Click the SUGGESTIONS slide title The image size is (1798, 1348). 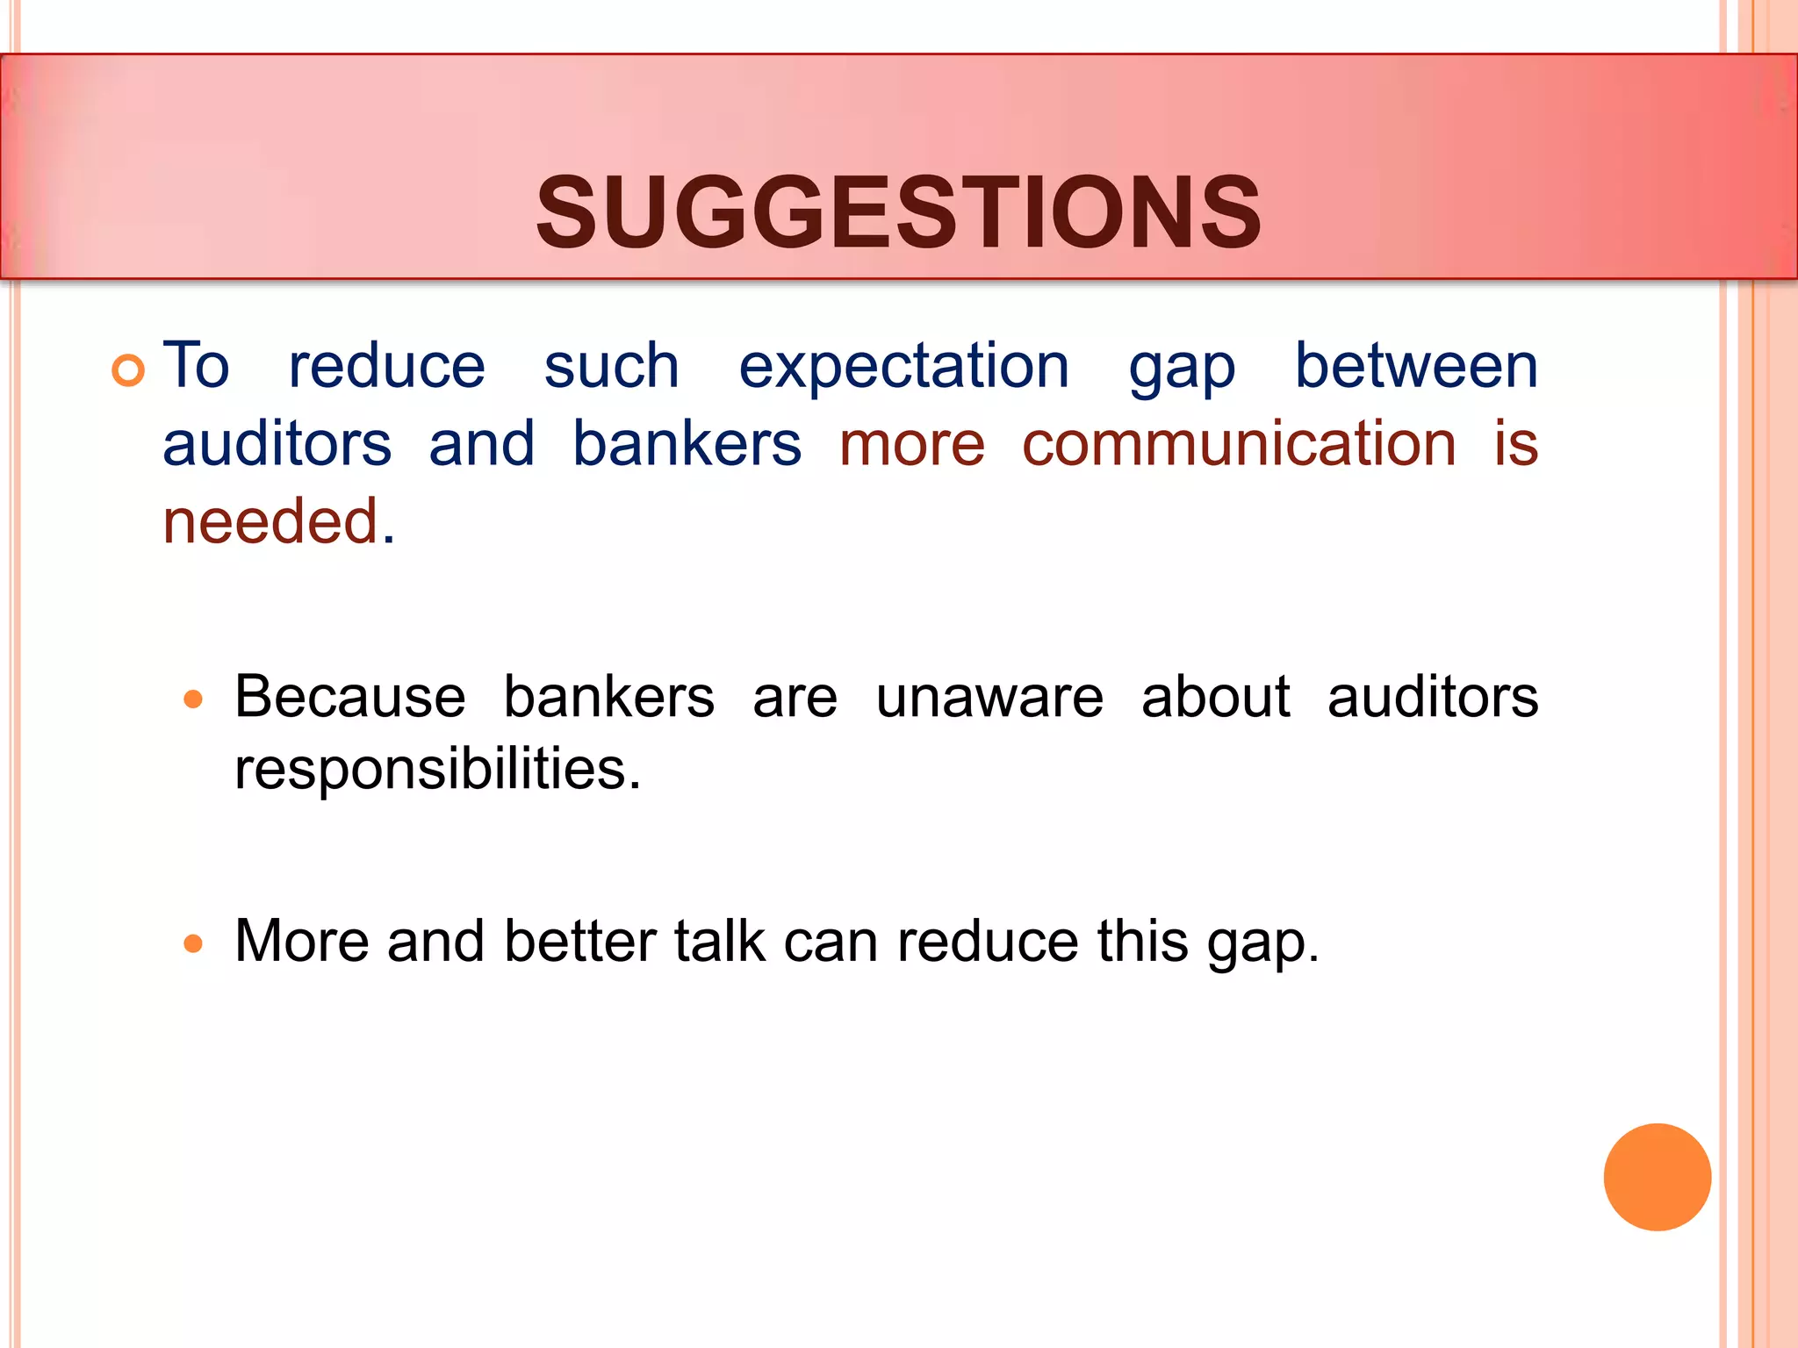(898, 212)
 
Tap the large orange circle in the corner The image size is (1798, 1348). (1657, 1177)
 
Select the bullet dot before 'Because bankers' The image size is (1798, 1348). (193, 699)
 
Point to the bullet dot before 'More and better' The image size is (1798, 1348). (193, 943)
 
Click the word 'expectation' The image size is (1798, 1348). (903, 367)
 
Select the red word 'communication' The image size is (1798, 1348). (1239, 443)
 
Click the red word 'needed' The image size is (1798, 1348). (270, 521)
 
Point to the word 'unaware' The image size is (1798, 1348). (989, 698)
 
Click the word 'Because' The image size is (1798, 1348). (349, 698)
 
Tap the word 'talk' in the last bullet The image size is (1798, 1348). (719, 941)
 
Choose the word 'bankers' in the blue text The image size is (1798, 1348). (687, 443)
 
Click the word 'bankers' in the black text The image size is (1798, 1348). (608, 698)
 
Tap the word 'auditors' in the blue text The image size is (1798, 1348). (277, 443)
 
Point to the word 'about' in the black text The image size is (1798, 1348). (1215, 698)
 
